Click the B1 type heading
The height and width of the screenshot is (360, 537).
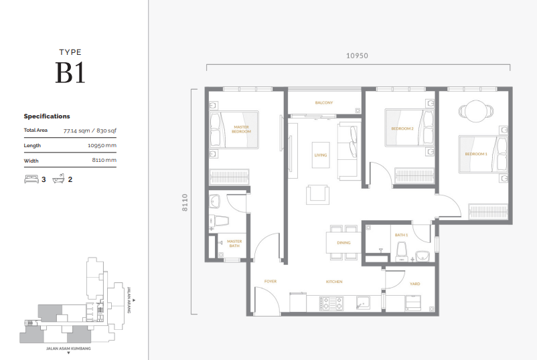[x=70, y=72]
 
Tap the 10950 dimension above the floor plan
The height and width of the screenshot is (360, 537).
[x=358, y=56]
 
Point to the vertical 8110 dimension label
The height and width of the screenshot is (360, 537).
[x=184, y=202]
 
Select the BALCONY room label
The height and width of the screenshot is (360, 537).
[x=324, y=102]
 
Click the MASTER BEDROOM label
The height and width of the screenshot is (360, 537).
[x=241, y=129]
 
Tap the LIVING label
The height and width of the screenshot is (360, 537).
[x=321, y=155]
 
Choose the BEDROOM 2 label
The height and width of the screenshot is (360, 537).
[x=402, y=128]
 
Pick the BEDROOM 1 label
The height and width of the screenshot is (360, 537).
[x=476, y=155]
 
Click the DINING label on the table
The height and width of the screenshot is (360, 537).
[x=343, y=244]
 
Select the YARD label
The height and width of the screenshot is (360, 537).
[x=415, y=284]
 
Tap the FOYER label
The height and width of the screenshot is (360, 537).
[x=271, y=282]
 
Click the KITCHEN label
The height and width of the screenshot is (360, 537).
[x=334, y=282]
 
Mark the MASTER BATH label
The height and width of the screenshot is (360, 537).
[x=234, y=244]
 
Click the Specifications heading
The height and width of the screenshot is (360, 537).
[x=47, y=116]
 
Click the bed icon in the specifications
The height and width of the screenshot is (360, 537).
[x=31, y=179]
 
